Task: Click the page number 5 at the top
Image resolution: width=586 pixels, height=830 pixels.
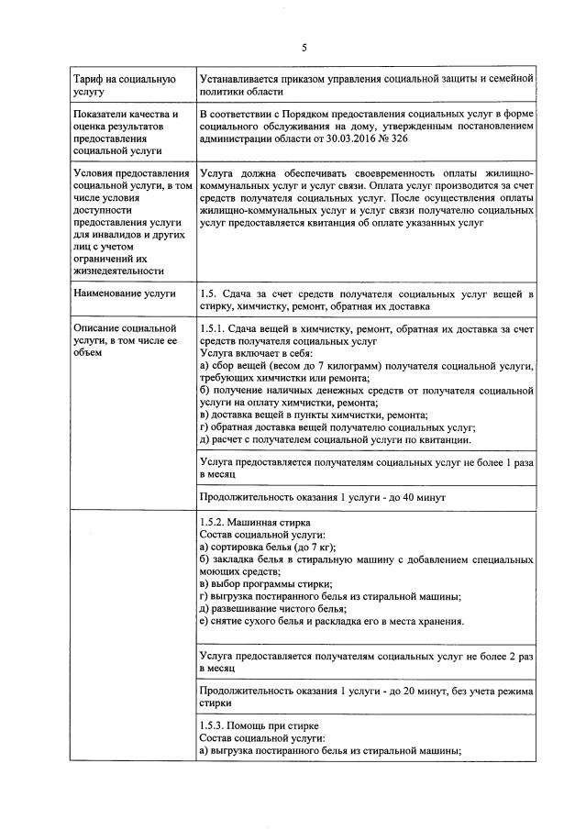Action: point(304,48)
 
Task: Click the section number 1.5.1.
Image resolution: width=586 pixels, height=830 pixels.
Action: point(215,328)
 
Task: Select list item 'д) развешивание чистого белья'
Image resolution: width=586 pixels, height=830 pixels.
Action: point(272,609)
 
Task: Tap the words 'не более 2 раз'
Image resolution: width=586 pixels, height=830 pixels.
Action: point(496,657)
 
